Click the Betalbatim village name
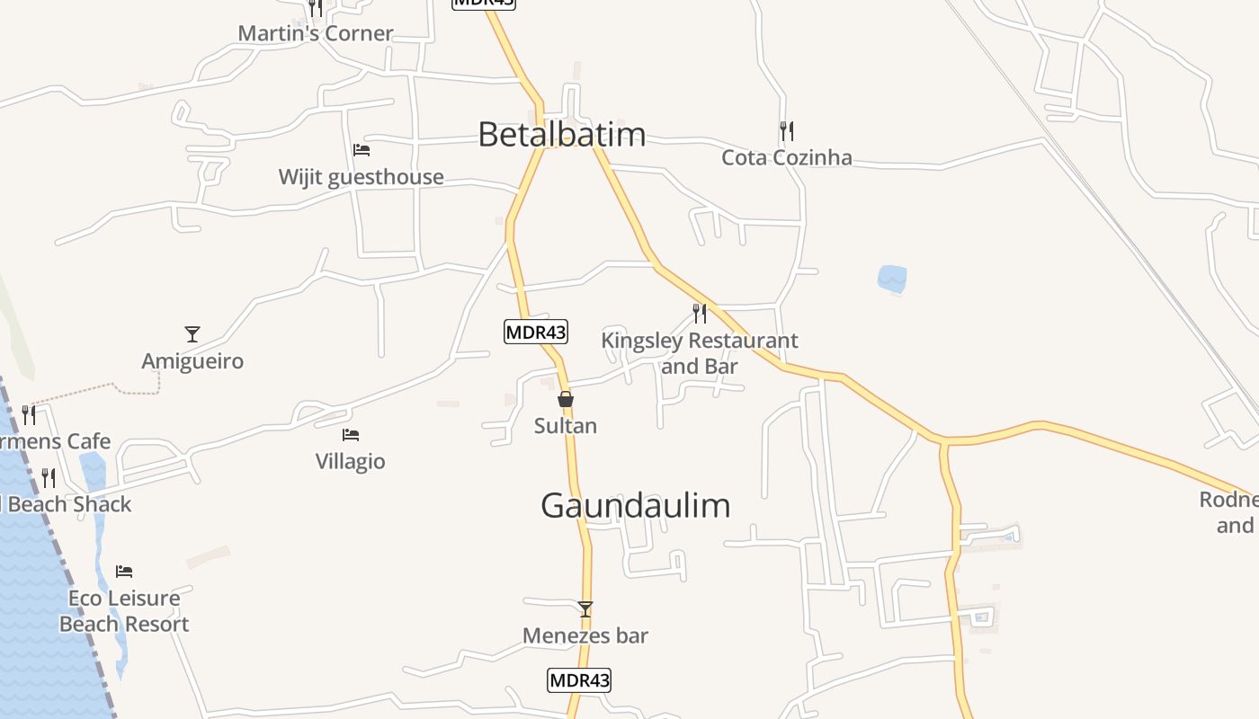[x=561, y=135]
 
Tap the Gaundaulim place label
[x=635, y=506]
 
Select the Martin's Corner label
[x=316, y=33]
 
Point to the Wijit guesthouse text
[x=361, y=177]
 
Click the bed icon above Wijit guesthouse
[x=362, y=149]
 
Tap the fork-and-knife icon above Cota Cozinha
[x=787, y=131]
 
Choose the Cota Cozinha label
[x=787, y=158]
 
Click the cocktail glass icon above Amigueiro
[x=192, y=334]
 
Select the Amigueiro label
[x=192, y=361]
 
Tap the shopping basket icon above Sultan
[x=566, y=399]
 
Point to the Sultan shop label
[x=566, y=426]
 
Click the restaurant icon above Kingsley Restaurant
[x=700, y=314]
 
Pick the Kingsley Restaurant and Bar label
[x=700, y=353]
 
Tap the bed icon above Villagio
[x=351, y=435]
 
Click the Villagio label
[x=351, y=462]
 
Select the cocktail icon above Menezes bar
[x=585, y=609]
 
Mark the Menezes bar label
[x=585, y=636]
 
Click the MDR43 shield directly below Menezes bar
[x=579, y=680]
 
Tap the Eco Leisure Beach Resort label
[x=124, y=611]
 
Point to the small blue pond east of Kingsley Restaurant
[x=892, y=279]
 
